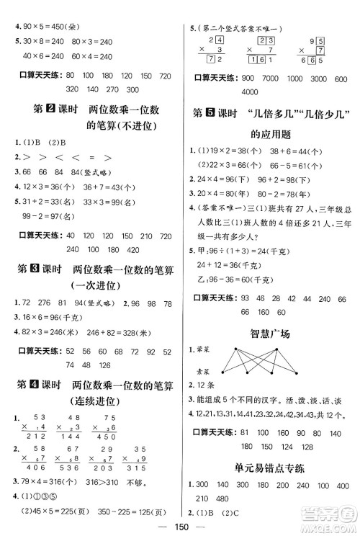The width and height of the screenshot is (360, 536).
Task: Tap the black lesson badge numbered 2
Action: pyautogui.click(x=50, y=110)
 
